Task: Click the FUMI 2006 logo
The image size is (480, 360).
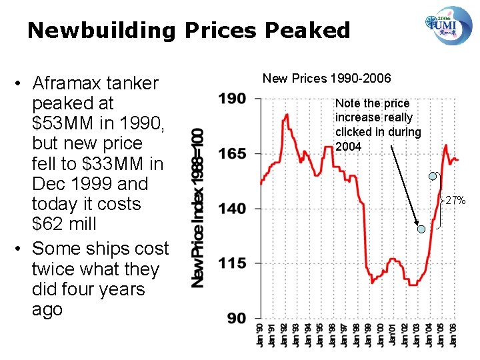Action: point(448,25)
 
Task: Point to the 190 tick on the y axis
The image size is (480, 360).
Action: point(232,99)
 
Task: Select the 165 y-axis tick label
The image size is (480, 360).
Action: point(232,154)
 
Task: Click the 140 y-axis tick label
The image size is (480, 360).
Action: point(232,209)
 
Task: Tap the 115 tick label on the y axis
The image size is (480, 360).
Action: point(232,263)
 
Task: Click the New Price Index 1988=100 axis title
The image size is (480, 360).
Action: point(197,208)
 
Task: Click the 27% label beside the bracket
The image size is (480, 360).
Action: point(455,200)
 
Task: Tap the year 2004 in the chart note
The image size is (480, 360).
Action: point(349,146)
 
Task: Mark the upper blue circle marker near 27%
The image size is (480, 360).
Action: point(433,176)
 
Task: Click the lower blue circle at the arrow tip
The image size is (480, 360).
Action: point(421,229)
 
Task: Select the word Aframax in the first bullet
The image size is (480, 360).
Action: point(70,83)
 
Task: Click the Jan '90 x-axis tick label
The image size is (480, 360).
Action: point(261,333)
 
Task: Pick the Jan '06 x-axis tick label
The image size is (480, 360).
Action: point(454,333)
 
